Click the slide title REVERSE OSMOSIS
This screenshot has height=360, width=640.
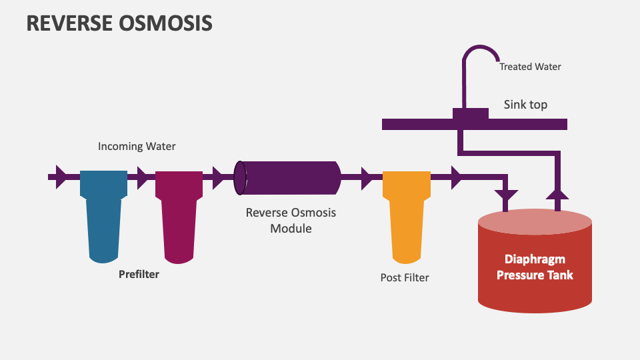[x=119, y=23]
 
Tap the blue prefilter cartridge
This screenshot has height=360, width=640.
[x=103, y=213]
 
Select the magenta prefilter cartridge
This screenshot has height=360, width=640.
[x=179, y=213]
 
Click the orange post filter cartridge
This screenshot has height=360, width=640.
[x=406, y=213]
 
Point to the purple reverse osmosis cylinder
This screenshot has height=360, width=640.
[x=289, y=178]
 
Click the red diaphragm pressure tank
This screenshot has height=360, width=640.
[x=535, y=263]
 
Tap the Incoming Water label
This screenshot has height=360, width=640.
[x=137, y=146]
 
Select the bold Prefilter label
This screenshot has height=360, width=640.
[x=139, y=274]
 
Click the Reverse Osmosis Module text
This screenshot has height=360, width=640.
[x=291, y=221]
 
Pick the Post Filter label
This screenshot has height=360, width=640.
[x=405, y=277]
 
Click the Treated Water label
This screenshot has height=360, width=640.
[x=530, y=67]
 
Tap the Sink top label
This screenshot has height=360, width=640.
[x=525, y=105]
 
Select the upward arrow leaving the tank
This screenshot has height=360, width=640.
[x=557, y=193]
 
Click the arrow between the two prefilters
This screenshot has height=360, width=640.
[x=141, y=178]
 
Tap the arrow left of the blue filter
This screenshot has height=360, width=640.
[x=61, y=177]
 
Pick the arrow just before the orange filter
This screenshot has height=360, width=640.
[x=365, y=178]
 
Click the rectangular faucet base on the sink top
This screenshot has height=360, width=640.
[x=470, y=114]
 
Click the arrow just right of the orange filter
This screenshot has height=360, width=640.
[x=456, y=178]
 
